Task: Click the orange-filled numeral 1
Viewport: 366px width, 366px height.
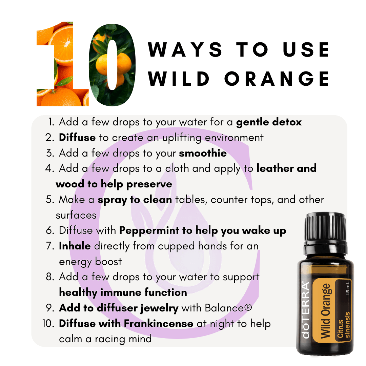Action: coord(63,64)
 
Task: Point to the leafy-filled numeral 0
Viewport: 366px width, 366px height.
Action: coord(112,65)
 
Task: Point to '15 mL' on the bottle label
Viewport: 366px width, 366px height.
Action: coord(348,289)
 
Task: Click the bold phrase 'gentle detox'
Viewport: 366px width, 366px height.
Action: coord(269,122)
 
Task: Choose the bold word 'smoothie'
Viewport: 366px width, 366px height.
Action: coord(203,153)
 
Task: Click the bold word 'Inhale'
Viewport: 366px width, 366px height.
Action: coord(75,246)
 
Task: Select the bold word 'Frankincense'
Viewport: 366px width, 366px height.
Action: coord(159,324)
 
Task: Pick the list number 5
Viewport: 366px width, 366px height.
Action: coord(50,200)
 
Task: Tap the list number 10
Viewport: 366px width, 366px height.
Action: coord(48,324)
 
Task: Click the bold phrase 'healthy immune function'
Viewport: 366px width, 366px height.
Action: coord(123,292)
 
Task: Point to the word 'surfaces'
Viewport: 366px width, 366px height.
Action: coord(76,215)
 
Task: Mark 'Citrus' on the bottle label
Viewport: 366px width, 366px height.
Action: coord(341,329)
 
